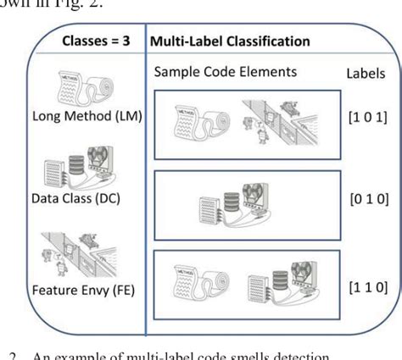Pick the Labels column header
366,74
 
